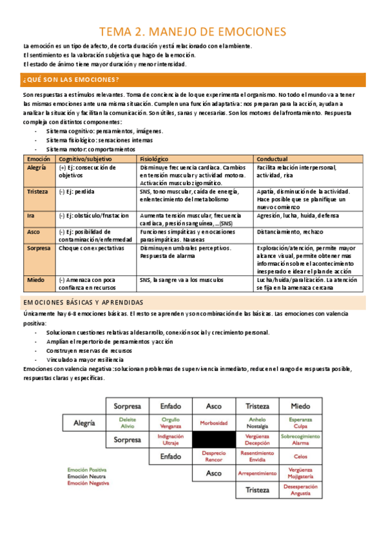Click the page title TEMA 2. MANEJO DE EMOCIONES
coord(193,31)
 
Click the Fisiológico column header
coord(154,158)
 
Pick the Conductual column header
coord(272,158)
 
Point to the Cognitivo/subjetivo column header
coord(85,158)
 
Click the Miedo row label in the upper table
coord(35,280)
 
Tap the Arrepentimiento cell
coord(256,473)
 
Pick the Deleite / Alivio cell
coord(128,423)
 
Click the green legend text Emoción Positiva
coord(86,470)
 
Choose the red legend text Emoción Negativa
coord(88,483)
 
